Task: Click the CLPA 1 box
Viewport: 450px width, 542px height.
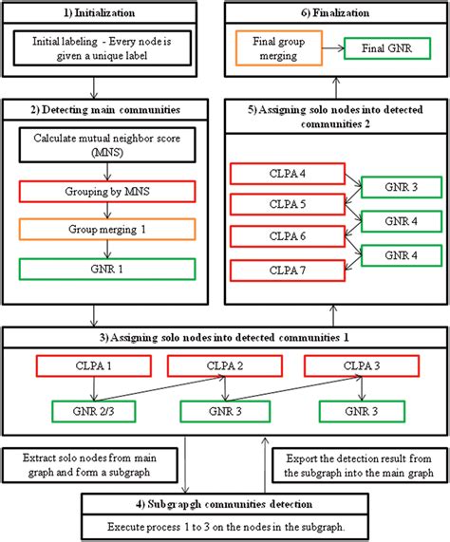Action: pos(81,366)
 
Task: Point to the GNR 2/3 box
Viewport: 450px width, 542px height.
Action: pos(81,412)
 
